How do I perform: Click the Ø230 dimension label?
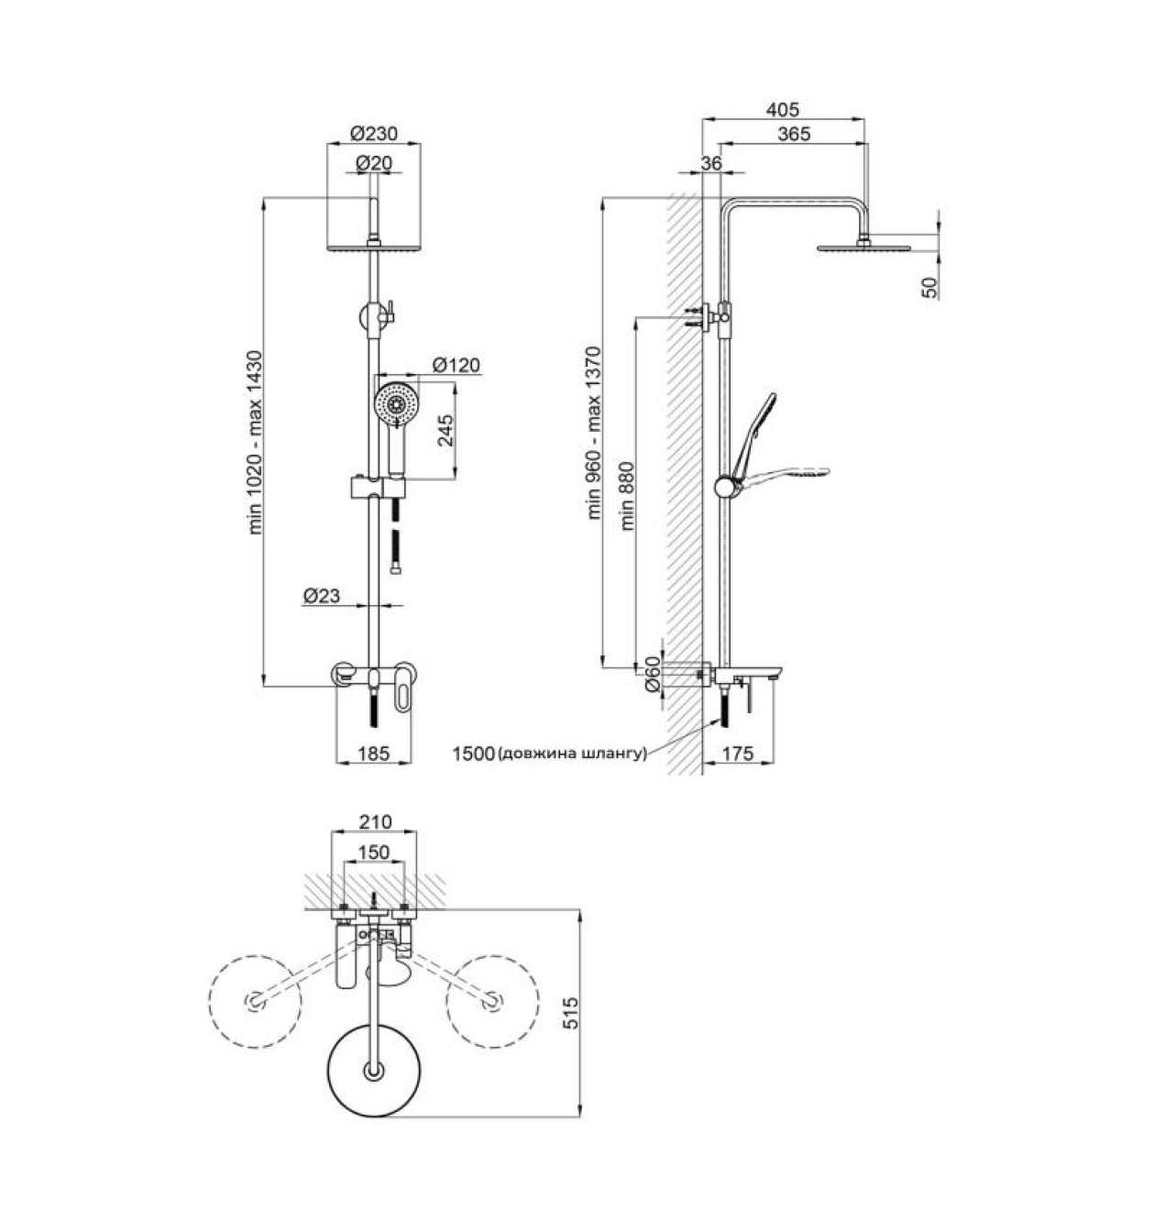point(374,133)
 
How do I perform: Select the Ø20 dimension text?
point(374,163)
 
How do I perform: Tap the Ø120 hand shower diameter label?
point(456,365)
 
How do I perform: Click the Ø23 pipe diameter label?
point(322,596)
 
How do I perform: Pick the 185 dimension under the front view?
point(374,753)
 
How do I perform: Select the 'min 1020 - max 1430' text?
point(255,443)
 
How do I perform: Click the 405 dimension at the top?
point(783,110)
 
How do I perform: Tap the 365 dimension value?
point(794,134)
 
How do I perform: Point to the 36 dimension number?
point(711,163)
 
